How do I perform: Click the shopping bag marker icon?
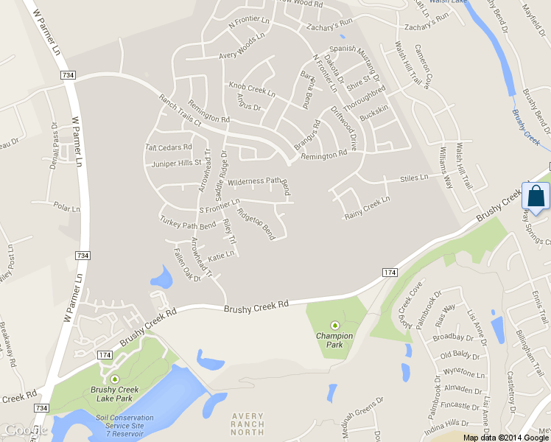pos(536,197)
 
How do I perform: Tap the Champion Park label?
pos(334,340)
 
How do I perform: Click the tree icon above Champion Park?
pos(335,325)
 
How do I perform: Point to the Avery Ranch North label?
pos(248,425)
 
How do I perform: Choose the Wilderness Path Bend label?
pos(259,180)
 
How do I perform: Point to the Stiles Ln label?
pos(413,178)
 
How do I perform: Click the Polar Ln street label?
pos(66,208)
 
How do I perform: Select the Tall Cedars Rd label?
pos(169,147)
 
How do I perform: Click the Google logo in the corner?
pos(24,430)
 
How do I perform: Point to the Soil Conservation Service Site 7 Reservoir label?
pos(119,426)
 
